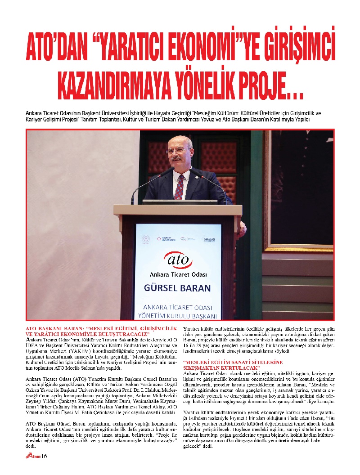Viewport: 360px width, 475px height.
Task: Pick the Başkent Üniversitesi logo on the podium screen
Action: tap(165, 239)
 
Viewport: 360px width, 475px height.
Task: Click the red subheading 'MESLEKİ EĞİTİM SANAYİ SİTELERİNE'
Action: tap(233, 362)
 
